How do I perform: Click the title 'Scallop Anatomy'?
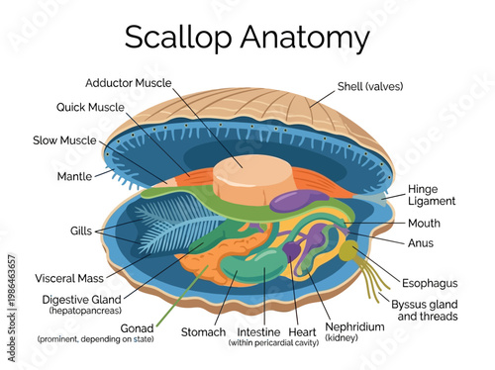point(247,38)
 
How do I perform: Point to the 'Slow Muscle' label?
point(65,140)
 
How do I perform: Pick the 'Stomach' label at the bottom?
point(204,331)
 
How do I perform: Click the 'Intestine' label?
point(261,331)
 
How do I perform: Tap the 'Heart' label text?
point(302,331)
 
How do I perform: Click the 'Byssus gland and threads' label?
point(424,309)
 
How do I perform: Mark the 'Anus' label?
point(421,241)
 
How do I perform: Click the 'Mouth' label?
point(425,223)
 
